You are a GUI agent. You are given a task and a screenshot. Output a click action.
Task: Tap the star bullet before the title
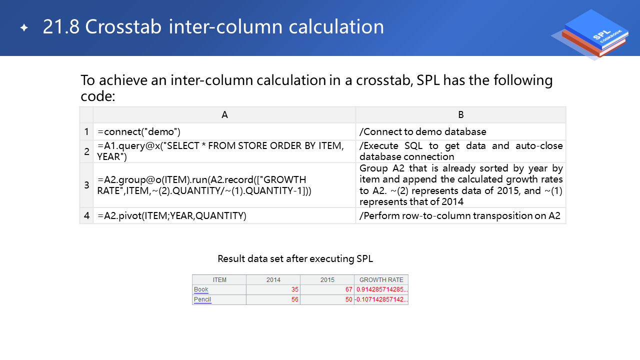pos(24,27)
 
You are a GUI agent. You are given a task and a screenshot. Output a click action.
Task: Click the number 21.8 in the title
pos(61,27)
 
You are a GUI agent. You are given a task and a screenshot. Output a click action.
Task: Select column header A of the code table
pos(224,115)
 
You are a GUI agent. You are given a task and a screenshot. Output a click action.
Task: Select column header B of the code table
pos(461,115)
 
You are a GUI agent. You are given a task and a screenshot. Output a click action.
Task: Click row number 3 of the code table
pos(86,185)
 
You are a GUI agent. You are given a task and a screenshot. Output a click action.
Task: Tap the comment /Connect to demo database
pos(423,131)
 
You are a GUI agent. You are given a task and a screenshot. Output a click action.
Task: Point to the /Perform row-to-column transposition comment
pos(459,215)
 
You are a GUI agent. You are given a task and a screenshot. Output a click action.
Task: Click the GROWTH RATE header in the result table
pos(381,279)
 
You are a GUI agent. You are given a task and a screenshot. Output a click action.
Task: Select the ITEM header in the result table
pos(219,279)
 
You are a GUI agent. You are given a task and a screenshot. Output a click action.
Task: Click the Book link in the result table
pos(201,289)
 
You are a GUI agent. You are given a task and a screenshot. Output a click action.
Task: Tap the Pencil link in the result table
pos(202,299)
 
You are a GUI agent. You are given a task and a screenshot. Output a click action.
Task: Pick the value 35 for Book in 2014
pos(295,289)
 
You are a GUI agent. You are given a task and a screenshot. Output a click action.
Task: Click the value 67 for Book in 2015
pos(349,289)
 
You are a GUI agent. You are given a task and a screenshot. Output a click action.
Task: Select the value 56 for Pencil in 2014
pos(295,299)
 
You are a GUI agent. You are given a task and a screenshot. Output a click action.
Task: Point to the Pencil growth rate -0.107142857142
pos(381,299)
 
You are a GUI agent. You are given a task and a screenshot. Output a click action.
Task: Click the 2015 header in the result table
pos(327,279)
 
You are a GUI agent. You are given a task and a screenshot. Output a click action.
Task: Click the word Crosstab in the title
pos(123,27)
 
